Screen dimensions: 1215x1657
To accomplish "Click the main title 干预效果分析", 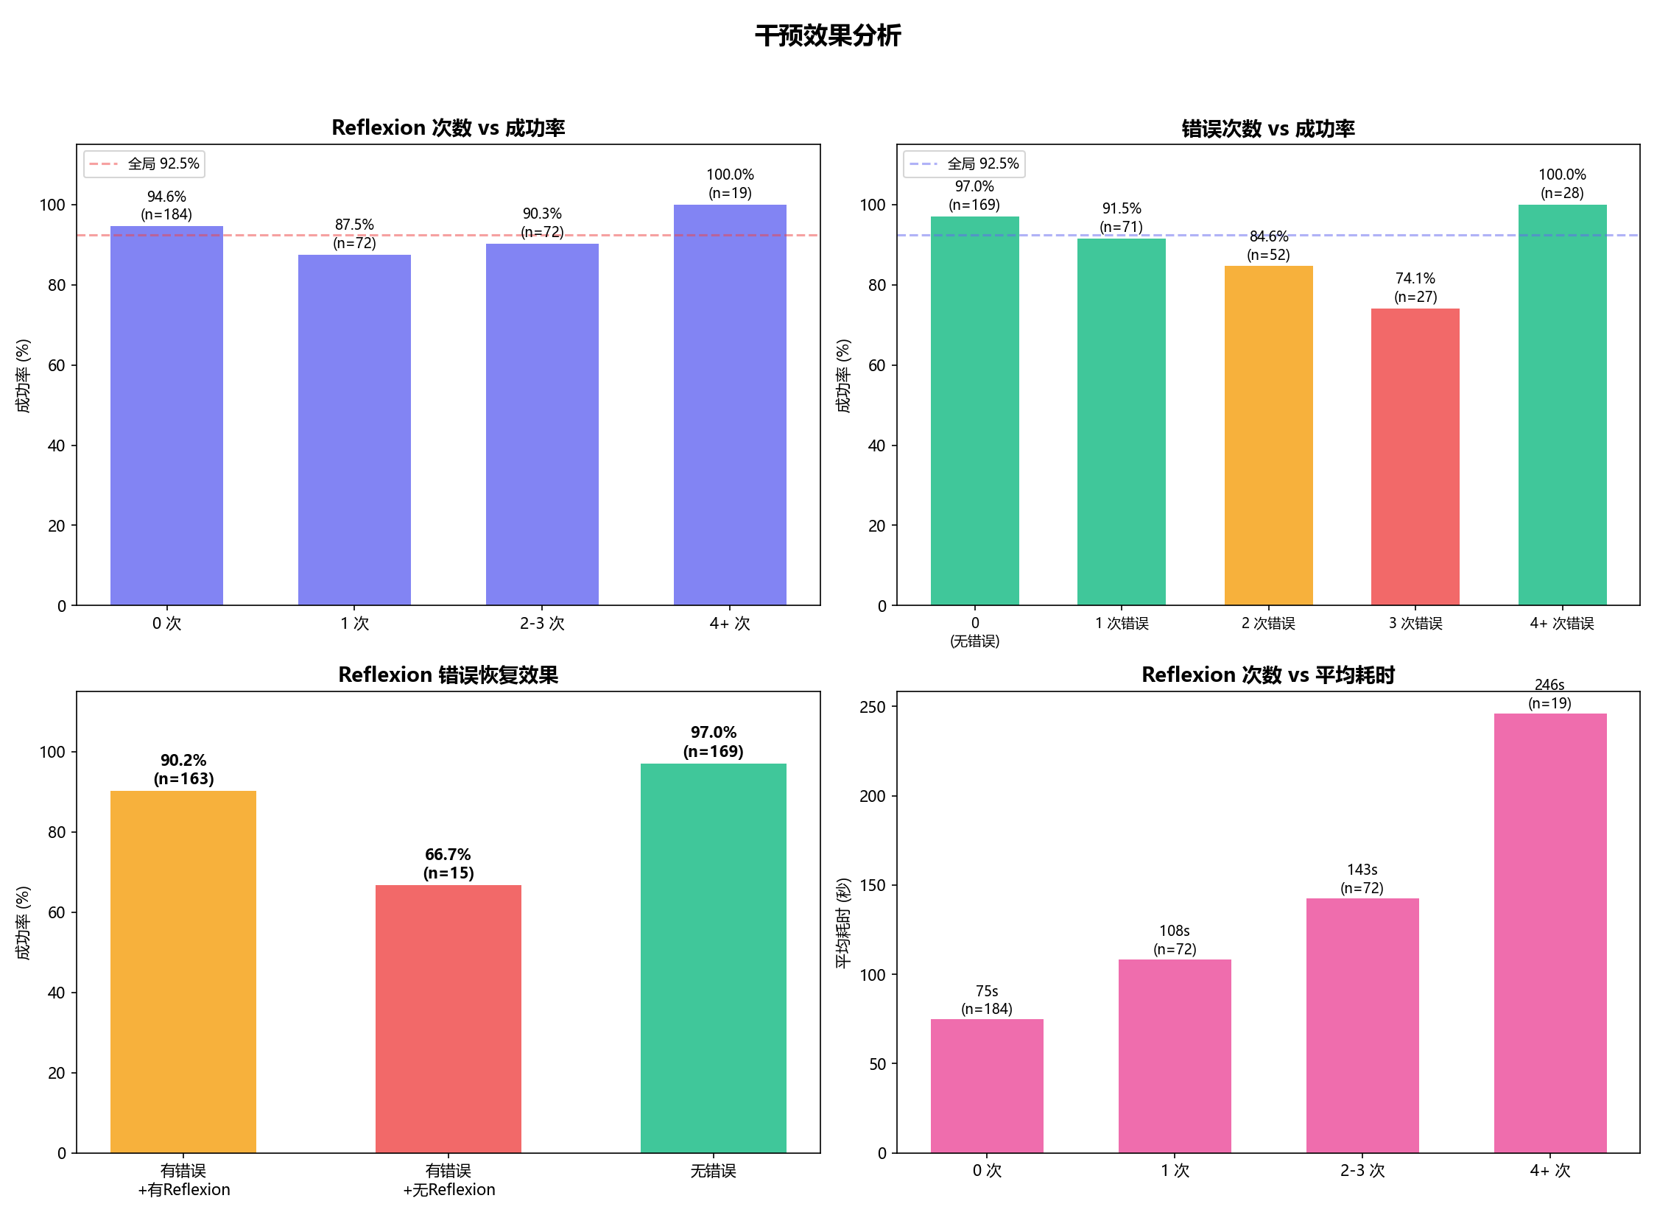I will click(x=828, y=35).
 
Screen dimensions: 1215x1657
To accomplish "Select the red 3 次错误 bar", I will click(x=1415, y=457).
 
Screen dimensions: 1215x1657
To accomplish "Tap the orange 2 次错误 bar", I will click(x=1268, y=435).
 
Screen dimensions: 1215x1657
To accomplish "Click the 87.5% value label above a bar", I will click(x=354, y=225).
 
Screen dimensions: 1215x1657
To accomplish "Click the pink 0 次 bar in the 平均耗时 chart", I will click(x=986, y=1085).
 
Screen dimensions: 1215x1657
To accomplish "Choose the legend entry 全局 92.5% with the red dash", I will click(x=144, y=163).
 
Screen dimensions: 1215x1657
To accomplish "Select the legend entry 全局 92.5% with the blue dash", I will click(x=964, y=163).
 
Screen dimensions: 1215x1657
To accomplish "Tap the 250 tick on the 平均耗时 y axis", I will click(x=873, y=707).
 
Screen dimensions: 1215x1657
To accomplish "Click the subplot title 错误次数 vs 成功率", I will click(x=1267, y=128).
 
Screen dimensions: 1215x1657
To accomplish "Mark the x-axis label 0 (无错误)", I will click(x=974, y=632).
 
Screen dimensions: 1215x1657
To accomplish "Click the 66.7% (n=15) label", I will click(x=448, y=864).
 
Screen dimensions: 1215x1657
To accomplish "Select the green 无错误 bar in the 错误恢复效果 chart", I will click(x=713, y=957).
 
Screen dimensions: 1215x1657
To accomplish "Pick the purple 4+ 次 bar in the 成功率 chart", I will click(x=729, y=405).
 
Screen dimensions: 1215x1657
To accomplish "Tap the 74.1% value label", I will click(x=1415, y=278).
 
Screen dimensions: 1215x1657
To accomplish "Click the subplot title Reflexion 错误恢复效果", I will click(x=448, y=675).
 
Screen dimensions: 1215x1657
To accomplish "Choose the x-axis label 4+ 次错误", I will click(x=1561, y=623).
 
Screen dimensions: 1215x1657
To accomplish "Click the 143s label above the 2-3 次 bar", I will click(x=1362, y=870).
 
